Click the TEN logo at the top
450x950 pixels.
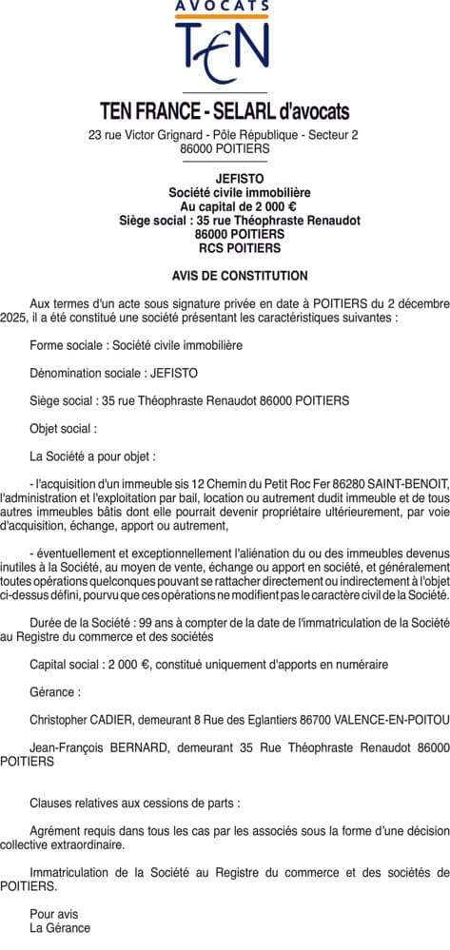[x=225, y=52]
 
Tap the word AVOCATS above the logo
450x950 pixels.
[x=225, y=8]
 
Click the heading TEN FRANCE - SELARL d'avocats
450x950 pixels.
[x=225, y=111]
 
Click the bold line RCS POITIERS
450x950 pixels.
[x=225, y=248]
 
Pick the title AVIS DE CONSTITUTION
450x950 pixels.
[x=225, y=276]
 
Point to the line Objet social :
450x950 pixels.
[x=64, y=429]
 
